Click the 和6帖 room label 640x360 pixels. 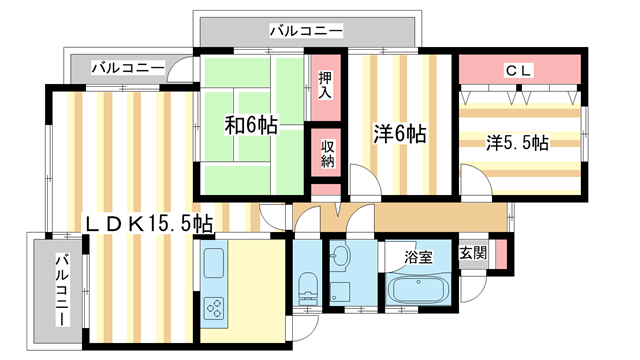point(249,126)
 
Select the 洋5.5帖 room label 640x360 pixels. point(517,143)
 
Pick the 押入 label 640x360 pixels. point(326,85)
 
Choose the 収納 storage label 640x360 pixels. point(327,155)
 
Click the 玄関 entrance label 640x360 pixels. point(473,254)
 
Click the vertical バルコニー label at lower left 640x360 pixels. point(61,289)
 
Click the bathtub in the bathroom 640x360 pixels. point(419,294)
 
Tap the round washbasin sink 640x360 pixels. point(340,257)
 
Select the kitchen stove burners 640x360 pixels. point(214,307)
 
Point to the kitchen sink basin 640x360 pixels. point(215,265)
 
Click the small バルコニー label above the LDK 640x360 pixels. point(128,68)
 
